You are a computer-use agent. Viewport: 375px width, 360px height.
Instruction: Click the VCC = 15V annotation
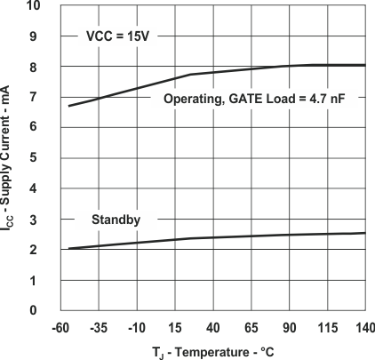pos(123,37)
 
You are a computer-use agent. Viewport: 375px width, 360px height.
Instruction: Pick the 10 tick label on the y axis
pos(33,6)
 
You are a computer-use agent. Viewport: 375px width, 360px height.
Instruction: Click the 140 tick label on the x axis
pos(363,326)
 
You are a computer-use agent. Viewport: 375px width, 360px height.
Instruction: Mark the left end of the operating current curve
pos(68,107)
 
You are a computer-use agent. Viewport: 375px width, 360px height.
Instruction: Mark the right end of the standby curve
pos(365,233)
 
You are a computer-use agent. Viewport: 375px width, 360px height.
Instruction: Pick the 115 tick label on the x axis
pos(328,326)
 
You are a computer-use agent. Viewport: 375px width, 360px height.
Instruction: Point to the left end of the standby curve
pos(68,248)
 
